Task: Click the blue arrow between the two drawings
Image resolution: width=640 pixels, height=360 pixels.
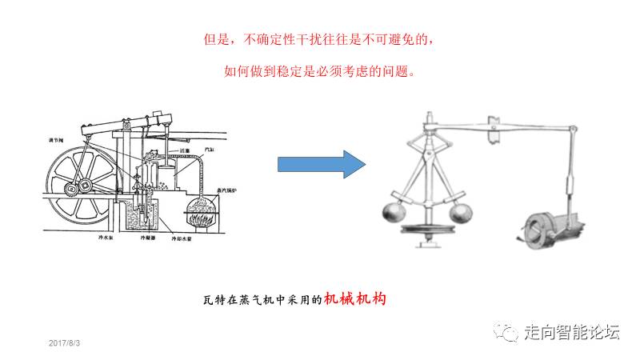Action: click(x=320, y=165)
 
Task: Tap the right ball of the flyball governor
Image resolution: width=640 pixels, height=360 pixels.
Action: click(x=460, y=212)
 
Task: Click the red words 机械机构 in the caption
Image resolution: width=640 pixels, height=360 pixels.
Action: click(x=355, y=299)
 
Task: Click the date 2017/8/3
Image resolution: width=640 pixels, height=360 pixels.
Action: click(x=66, y=342)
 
